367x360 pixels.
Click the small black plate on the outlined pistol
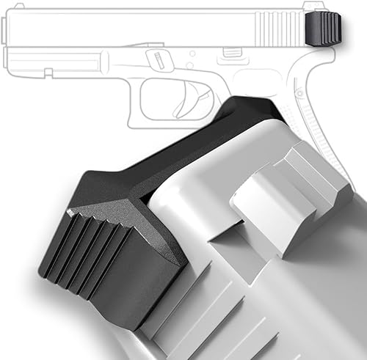323,29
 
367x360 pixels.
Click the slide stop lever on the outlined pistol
230,53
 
